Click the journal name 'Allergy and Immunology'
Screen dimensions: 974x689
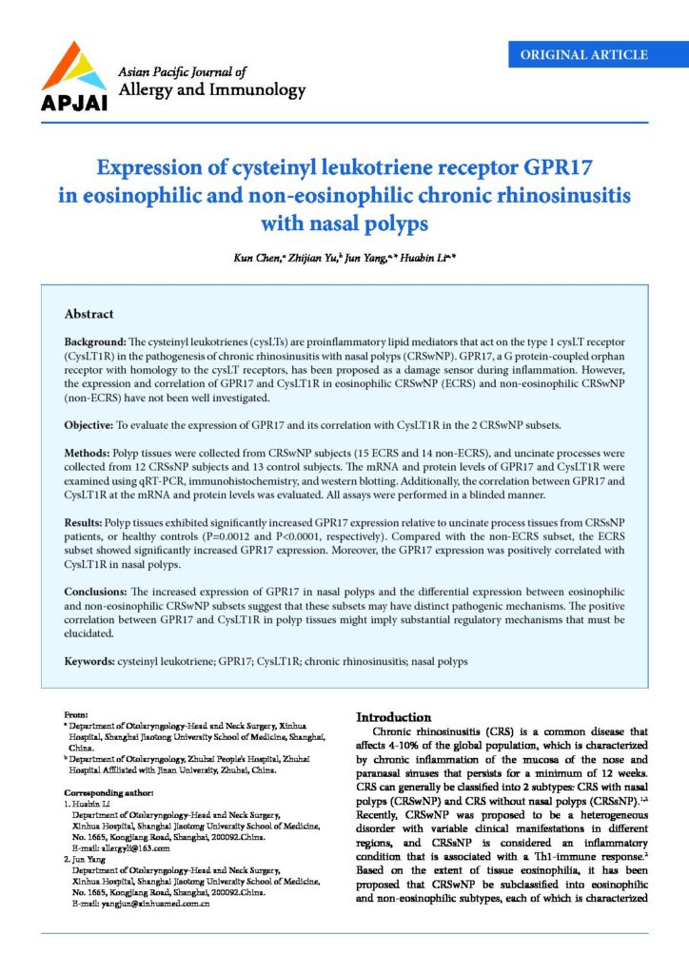[210, 91]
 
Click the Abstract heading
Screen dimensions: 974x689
[89, 314]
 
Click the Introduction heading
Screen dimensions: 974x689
[394, 716]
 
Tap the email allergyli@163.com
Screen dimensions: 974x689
[127, 848]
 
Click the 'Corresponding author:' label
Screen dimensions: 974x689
[108, 792]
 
